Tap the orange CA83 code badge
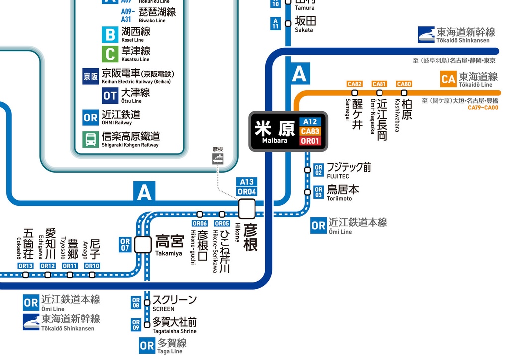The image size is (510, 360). (x=310, y=131)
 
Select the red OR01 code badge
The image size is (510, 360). (x=310, y=141)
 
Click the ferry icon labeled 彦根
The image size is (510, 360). (x=218, y=158)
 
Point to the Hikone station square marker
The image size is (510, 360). (x=247, y=209)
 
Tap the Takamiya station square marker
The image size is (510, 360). (x=143, y=244)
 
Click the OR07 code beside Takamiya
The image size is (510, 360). (x=125, y=244)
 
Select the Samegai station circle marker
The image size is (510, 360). (x=355, y=93)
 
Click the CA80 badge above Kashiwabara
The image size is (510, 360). (x=404, y=84)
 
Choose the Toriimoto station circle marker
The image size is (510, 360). (x=307, y=192)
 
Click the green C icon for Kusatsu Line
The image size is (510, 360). (x=110, y=54)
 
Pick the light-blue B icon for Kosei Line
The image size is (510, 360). (x=110, y=34)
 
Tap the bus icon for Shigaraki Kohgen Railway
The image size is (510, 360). (x=91, y=139)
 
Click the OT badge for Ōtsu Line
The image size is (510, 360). (x=110, y=95)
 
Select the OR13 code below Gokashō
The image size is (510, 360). (x=25, y=266)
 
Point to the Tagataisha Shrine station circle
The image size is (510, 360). (x=147, y=325)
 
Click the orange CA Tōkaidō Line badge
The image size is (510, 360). (x=448, y=79)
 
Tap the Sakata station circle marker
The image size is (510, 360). (x=288, y=23)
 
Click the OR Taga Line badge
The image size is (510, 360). (x=147, y=346)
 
